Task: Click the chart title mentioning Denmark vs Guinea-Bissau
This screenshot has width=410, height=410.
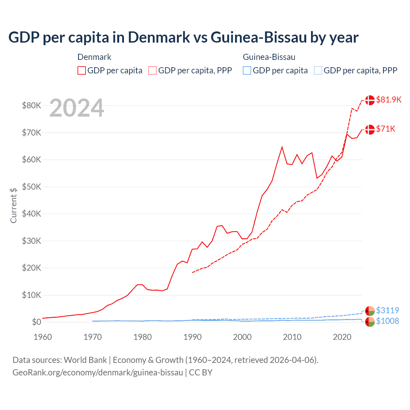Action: [x=183, y=37]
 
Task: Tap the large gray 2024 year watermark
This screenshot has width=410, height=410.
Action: [x=77, y=108]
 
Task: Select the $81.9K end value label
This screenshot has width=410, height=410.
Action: [x=389, y=100]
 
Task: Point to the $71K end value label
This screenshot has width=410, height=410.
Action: [x=386, y=129]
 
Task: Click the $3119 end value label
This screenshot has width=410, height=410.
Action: [x=387, y=310]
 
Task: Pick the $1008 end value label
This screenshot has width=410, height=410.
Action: [x=387, y=321]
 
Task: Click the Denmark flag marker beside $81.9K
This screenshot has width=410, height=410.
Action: [x=370, y=100]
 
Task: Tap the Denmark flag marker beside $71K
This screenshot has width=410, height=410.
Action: [x=370, y=129]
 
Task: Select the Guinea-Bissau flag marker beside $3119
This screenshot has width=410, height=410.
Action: [x=370, y=311]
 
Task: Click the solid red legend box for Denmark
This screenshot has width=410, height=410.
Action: [x=82, y=70]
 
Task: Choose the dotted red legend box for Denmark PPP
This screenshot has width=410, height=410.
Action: [x=152, y=70]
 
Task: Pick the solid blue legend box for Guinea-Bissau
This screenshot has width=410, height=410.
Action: [x=247, y=70]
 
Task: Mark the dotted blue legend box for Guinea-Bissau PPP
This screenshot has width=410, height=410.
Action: [x=318, y=70]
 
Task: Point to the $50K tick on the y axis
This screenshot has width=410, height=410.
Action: [x=31, y=187]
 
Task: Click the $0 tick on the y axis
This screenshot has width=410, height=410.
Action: [x=36, y=322]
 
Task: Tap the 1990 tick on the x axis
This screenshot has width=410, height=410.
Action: [x=193, y=337]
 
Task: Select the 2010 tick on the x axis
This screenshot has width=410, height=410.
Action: [x=292, y=337]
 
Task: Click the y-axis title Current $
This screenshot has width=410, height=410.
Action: [x=13, y=205]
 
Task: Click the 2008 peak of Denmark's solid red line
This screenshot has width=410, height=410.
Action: [x=282, y=147]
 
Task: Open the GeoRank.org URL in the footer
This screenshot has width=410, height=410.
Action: [x=98, y=373]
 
